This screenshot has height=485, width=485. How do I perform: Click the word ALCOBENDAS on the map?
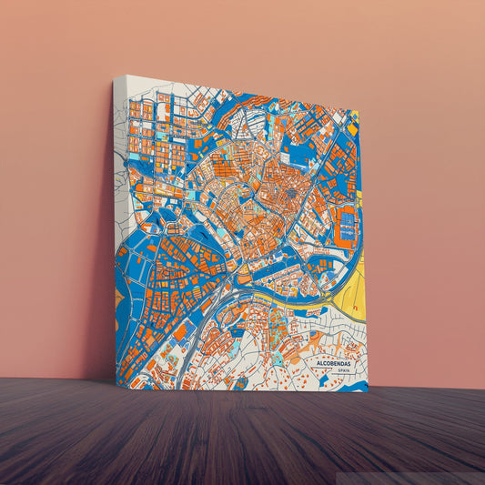[334, 363]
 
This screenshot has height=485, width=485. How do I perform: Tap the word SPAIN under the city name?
[342, 371]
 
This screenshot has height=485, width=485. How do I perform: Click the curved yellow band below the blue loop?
[273, 298]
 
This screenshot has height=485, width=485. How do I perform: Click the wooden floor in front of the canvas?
[246, 437]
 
